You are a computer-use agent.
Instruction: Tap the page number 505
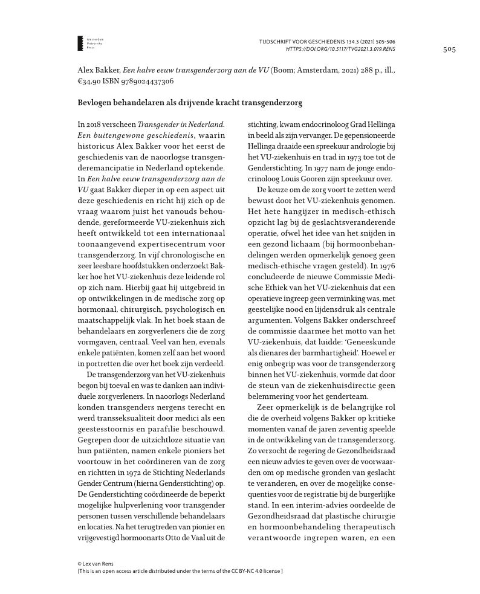[449, 50]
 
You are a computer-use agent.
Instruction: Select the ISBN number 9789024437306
[144, 81]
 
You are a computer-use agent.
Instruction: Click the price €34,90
[89, 81]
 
